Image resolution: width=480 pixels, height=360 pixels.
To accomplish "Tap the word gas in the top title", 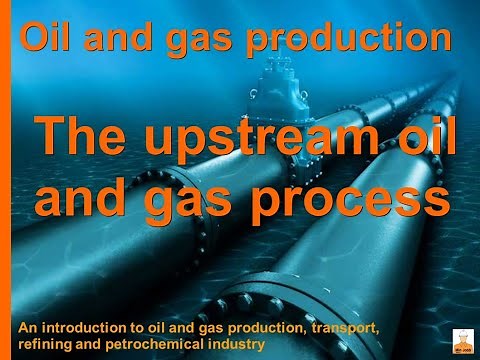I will click(200, 40).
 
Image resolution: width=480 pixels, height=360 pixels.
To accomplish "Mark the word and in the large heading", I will click(82, 196).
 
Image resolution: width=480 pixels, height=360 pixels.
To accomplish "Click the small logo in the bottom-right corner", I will click(463, 340).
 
